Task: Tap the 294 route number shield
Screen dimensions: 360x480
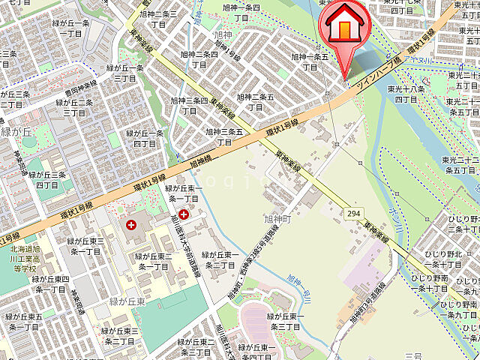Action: [354, 214]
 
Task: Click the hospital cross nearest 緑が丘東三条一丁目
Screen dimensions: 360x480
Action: [132, 224]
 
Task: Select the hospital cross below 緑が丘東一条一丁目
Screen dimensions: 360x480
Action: [183, 214]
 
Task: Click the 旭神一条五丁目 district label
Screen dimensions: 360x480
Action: [310, 61]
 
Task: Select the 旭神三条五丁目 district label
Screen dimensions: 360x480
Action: [224, 136]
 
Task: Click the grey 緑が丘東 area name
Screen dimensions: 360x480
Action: [127, 302]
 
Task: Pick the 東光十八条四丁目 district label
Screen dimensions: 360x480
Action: [406, 94]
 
